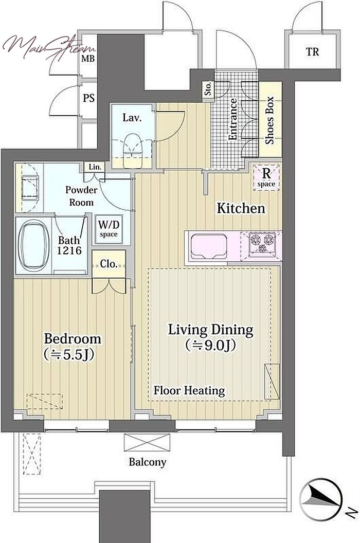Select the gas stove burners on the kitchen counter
click(x=262, y=242)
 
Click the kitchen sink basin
click(x=208, y=246)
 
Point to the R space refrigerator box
click(x=266, y=177)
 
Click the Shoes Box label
click(x=269, y=120)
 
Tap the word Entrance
click(x=232, y=119)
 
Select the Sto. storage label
click(x=208, y=89)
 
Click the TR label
click(x=312, y=52)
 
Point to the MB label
click(x=88, y=59)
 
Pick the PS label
click(x=88, y=98)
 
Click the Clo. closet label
click(x=109, y=264)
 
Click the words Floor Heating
click(x=189, y=391)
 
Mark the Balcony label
click(x=147, y=462)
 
